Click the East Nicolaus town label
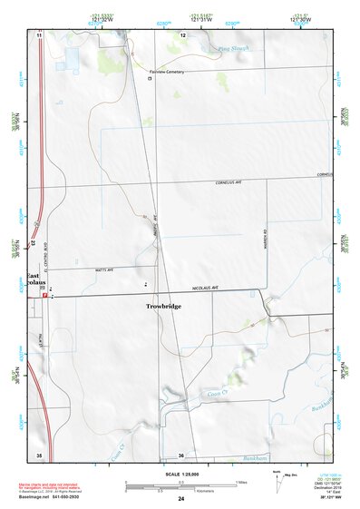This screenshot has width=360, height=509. tap(34, 280)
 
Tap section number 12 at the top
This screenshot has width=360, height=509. tap(182, 34)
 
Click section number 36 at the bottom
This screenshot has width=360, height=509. tap(181, 455)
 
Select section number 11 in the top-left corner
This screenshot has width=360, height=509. tap(39, 34)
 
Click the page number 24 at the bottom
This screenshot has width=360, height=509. tap(181, 500)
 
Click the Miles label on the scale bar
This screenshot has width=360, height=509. tap(241, 482)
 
